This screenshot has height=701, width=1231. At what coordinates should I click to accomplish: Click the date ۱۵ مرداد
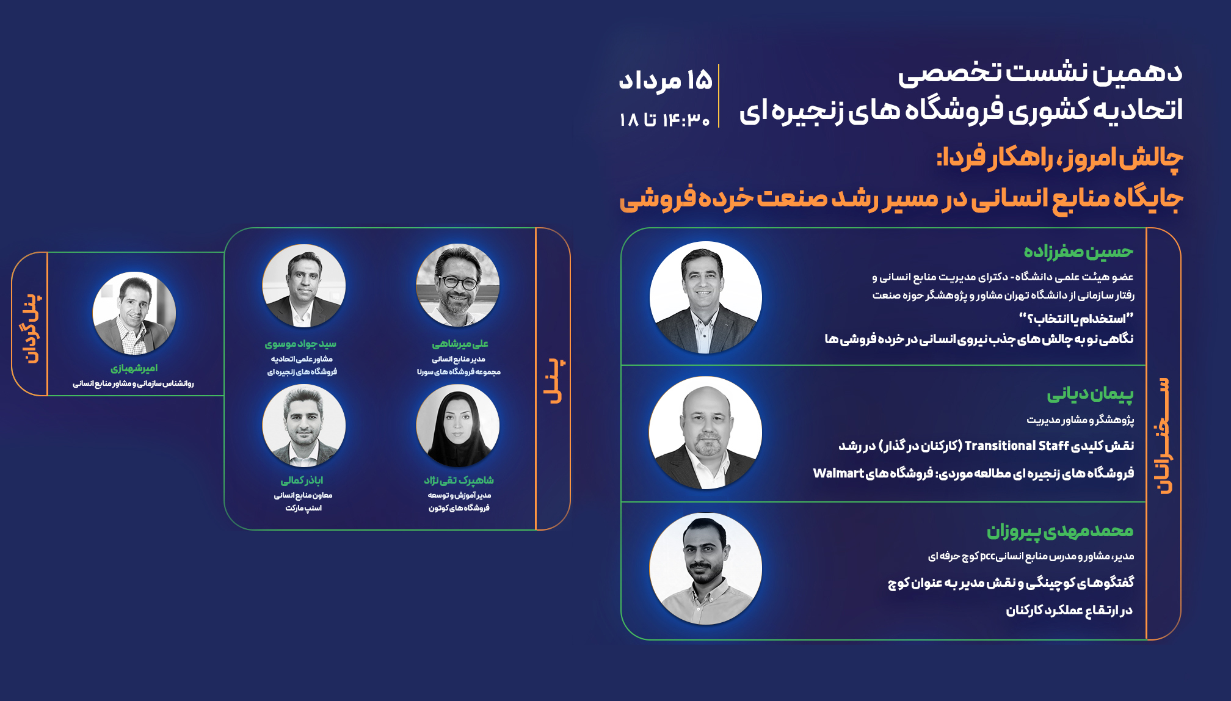tap(666, 80)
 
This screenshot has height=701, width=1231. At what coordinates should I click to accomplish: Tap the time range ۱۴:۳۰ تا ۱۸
tap(664, 120)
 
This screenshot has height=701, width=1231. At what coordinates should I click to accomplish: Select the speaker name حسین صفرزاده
tap(1078, 251)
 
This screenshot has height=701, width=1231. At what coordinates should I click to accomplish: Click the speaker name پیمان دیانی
tap(1090, 394)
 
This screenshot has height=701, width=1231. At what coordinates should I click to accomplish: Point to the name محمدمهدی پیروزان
tap(1060, 531)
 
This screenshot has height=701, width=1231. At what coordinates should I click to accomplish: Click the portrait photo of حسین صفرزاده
tap(706, 297)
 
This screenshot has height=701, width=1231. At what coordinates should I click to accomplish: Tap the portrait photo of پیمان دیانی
tap(706, 432)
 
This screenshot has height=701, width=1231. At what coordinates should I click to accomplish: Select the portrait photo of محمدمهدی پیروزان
tap(706, 568)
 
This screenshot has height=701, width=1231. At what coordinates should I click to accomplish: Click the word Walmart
tap(838, 473)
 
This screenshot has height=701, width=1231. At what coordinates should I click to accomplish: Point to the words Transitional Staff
tap(1017, 446)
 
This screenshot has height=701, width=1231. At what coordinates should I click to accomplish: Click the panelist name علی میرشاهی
tap(460, 344)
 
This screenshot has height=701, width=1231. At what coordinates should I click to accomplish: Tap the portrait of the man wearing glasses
tap(457, 286)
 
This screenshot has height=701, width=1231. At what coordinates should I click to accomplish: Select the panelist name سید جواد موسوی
tap(300, 344)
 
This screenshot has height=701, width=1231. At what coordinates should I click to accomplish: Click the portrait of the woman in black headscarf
tap(457, 426)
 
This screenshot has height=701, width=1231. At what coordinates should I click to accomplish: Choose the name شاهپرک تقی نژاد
tap(459, 481)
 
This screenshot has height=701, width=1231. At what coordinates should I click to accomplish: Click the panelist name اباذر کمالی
tap(302, 481)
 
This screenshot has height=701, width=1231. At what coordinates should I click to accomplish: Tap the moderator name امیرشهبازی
tap(134, 368)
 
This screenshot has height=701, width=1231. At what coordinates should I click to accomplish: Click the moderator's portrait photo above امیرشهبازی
tap(134, 313)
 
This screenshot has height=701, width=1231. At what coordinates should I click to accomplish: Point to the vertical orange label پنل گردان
tap(32, 328)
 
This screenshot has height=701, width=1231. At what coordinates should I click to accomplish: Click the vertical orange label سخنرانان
tap(1163, 435)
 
